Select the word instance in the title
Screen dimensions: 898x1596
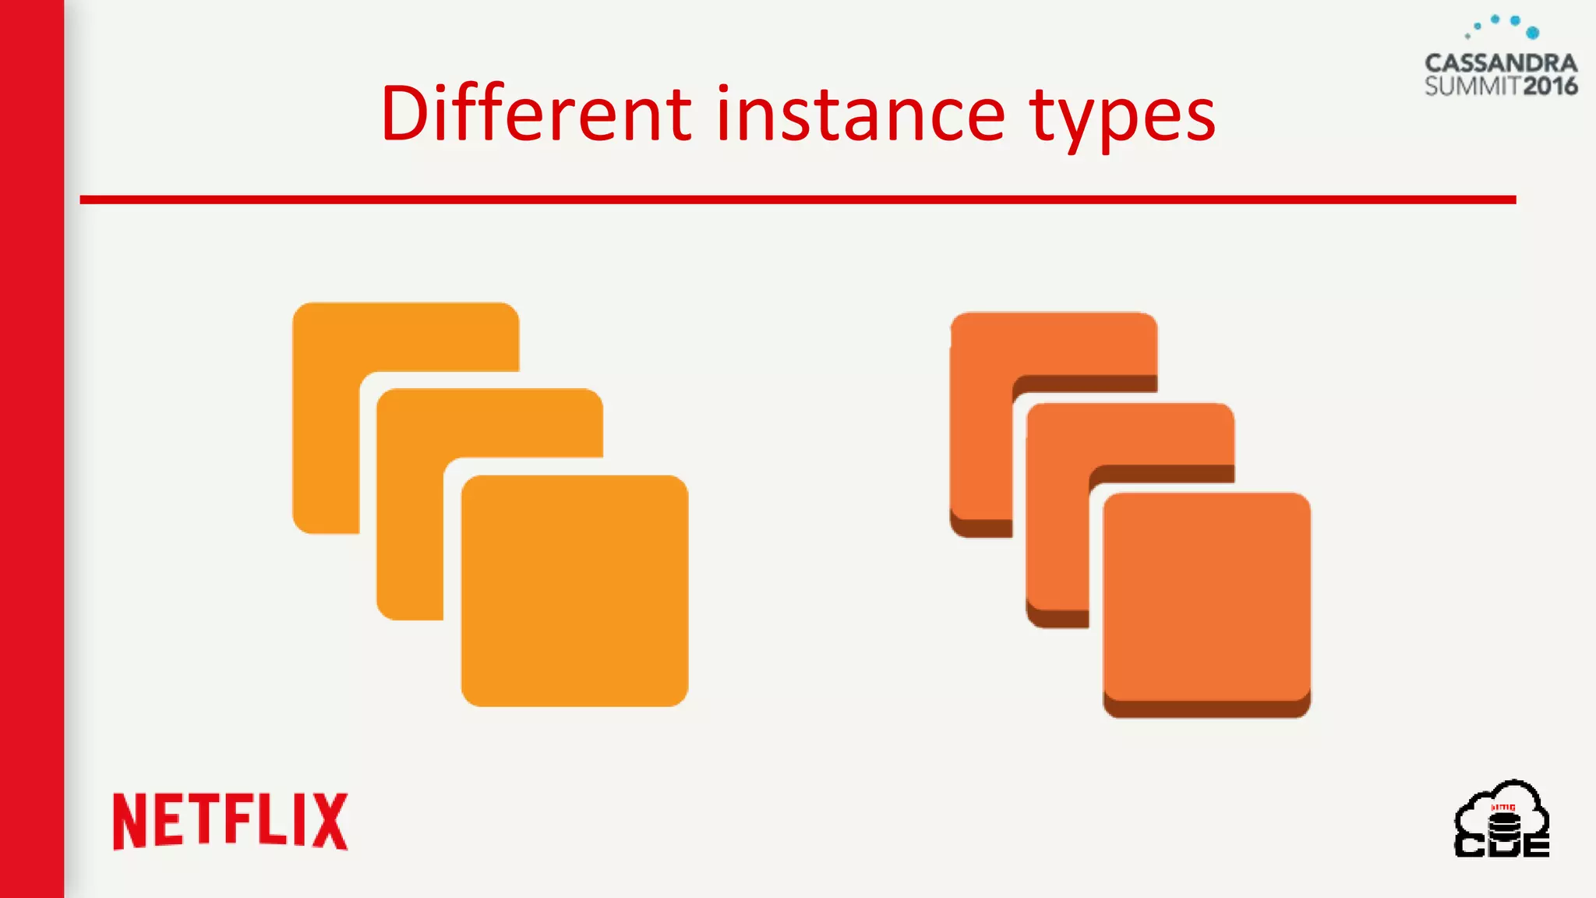860,114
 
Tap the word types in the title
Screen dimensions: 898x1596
1122,117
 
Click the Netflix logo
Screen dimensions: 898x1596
231,822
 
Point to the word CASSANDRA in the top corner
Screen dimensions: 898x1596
1500,63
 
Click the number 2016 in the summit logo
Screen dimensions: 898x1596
1550,86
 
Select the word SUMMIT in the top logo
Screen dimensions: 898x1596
1473,86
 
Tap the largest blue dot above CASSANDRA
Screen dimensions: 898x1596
1532,33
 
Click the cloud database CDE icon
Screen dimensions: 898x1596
1502,820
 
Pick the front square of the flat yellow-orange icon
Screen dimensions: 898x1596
574,590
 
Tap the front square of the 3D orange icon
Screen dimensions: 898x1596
1206,596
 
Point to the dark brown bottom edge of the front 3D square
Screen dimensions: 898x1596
1206,709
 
